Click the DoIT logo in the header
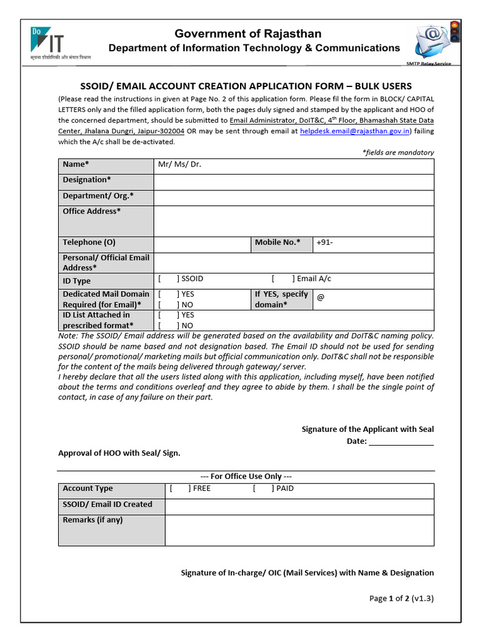tap(60, 43)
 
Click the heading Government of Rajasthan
tap(248, 33)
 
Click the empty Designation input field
tap(293, 182)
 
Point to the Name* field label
tap(76, 165)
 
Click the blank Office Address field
tap(293, 221)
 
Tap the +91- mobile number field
tap(372, 244)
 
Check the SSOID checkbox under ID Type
tap(168, 279)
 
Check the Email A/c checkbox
tap(282, 279)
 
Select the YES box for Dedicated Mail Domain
tap(168, 294)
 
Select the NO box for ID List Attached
tap(168, 326)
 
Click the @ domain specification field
tap(372, 299)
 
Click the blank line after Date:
tap(401, 442)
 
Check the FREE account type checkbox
tap(179, 489)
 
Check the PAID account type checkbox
tap(262, 489)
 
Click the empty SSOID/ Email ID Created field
tap(299, 506)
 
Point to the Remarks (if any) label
tap(93, 520)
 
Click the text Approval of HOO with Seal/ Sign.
tap(119, 453)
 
